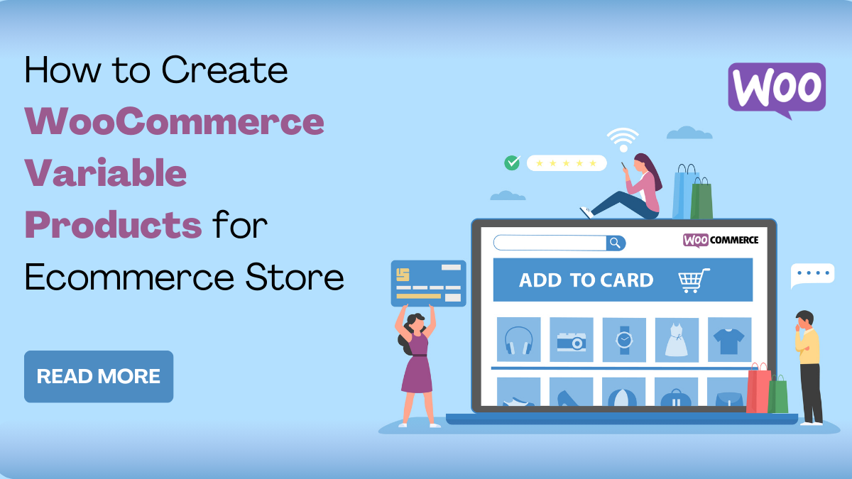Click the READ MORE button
pos(99,376)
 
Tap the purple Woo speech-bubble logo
pos(777,89)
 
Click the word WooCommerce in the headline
pos(175,121)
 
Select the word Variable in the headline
pos(106,173)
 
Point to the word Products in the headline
pos(114,225)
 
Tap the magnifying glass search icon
pos(616,243)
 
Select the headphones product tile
pos(518,339)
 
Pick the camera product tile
pos(571,340)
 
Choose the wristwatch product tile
pos(624,339)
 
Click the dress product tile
pos(676,339)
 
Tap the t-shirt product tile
pos(729,339)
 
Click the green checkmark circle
pos(512,163)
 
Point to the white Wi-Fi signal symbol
pos(623,138)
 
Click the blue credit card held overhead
pos(428,282)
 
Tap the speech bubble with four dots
pos(812,274)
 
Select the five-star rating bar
pos(566,163)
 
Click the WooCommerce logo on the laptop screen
pos(721,240)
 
